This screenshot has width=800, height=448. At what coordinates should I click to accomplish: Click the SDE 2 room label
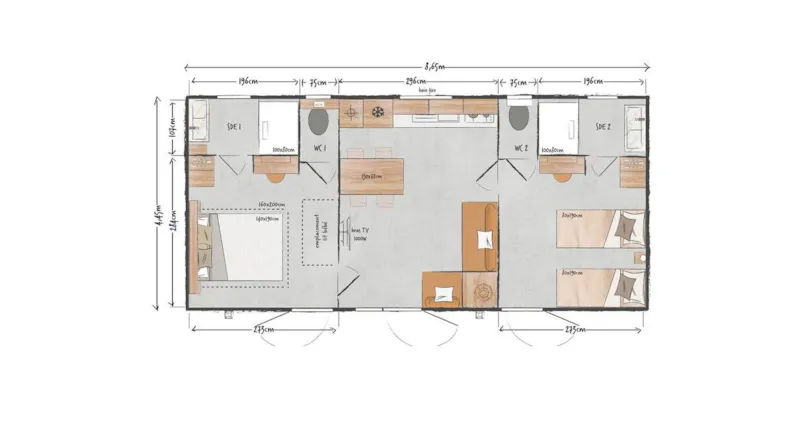click(x=602, y=127)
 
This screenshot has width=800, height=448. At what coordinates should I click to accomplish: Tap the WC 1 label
click(x=320, y=149)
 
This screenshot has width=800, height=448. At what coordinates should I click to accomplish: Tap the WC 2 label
click(x=521, y=149)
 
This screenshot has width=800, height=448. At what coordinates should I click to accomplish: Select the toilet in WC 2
click(x=520, y=119)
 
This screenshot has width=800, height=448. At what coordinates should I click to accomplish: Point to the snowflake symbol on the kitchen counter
click(x=379, y=111)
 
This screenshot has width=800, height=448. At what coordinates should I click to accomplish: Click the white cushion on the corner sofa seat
click(x=484, y=240)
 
